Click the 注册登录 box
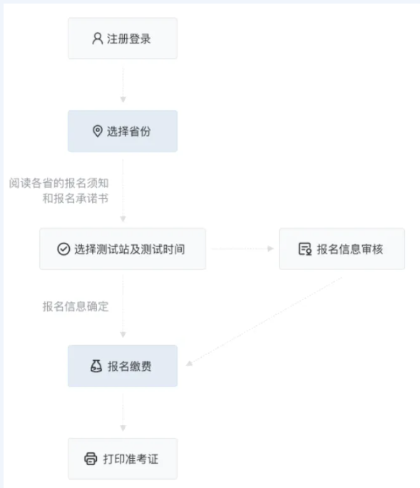click(x=123, y=39)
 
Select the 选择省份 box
click(x=123, y=131)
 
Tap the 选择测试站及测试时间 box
click(x=123, y=249)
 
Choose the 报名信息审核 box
click(x=342, y=249)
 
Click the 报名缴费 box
click(x=123, y=366)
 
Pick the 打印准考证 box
click(x=123, y=459)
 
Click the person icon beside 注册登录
click(x=98, y=39)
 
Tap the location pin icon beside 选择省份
click(x=98, y=131)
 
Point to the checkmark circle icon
click(x=63, y=249)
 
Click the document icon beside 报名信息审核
click(x=304, y=249)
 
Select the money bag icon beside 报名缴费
click(x=96, y=366)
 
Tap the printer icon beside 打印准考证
click(x=91, y=459)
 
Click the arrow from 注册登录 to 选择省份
click(x=123, y=84)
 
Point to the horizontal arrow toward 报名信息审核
click(x=242, y=249)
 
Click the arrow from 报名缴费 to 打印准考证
click(x=123, y=413)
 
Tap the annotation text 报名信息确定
click(x=76, y=307)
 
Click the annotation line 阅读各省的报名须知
click(x=58, y=183)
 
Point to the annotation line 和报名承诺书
click(x=76, y=198)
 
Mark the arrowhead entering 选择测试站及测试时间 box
click(x=123, y=219)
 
